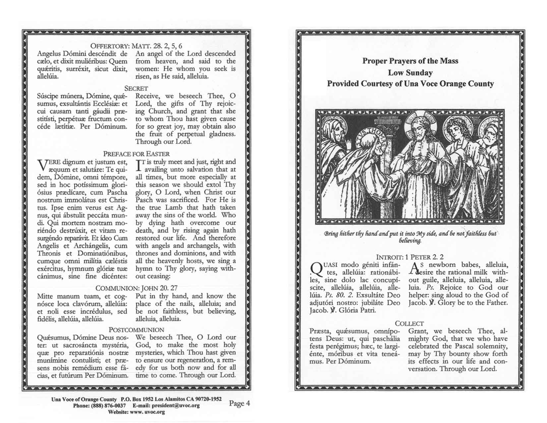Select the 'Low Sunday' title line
click(x=410, y=73)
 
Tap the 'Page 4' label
click(x=239, y=403)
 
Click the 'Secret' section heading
click(x=136, y=88)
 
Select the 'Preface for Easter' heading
click(x=136, y=154)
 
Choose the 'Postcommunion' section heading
click(x=136, y=330)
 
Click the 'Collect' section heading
click(x=409, y=323)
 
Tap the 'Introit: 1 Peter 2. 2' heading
click(x=410, y=257)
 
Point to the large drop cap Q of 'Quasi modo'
click(x=316, y=269)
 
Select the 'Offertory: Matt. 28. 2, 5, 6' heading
click(x=136, y=46)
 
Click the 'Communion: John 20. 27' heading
click(x=136, y=288)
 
